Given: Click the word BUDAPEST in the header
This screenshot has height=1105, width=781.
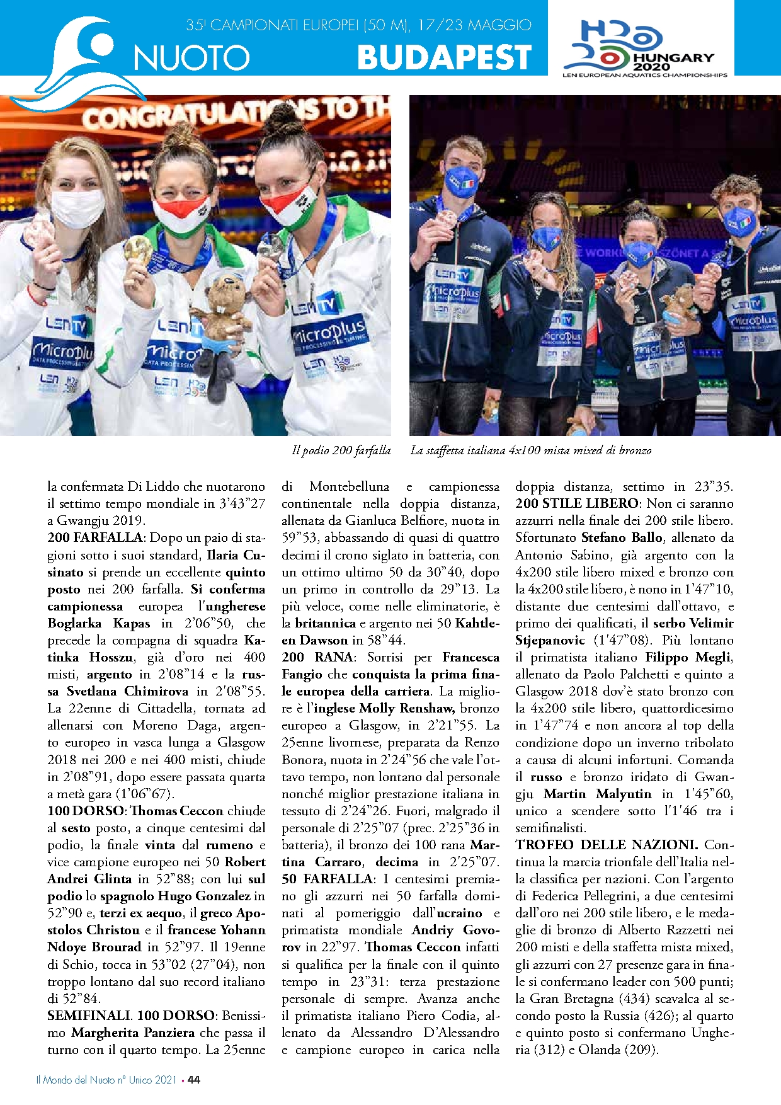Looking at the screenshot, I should pyautogui.click(x=444, y=57).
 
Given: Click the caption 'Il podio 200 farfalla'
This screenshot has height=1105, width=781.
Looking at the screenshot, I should pyautogui.click(x=341, y=450).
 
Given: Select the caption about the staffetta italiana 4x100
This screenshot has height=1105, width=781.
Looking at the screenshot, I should pyautogui.click(x=530, y=450).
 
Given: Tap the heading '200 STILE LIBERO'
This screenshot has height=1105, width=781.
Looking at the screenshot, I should pyautogui.click(x=577, y=504).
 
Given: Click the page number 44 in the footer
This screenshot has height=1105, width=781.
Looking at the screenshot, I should pyautogui.click(x=194, y=1080).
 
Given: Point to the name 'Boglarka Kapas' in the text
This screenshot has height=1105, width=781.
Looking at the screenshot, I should pyautogui.click(x=99, y=624).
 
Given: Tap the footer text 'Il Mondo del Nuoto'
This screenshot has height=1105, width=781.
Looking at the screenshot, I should pyautogui.click(x=76, y=1080).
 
